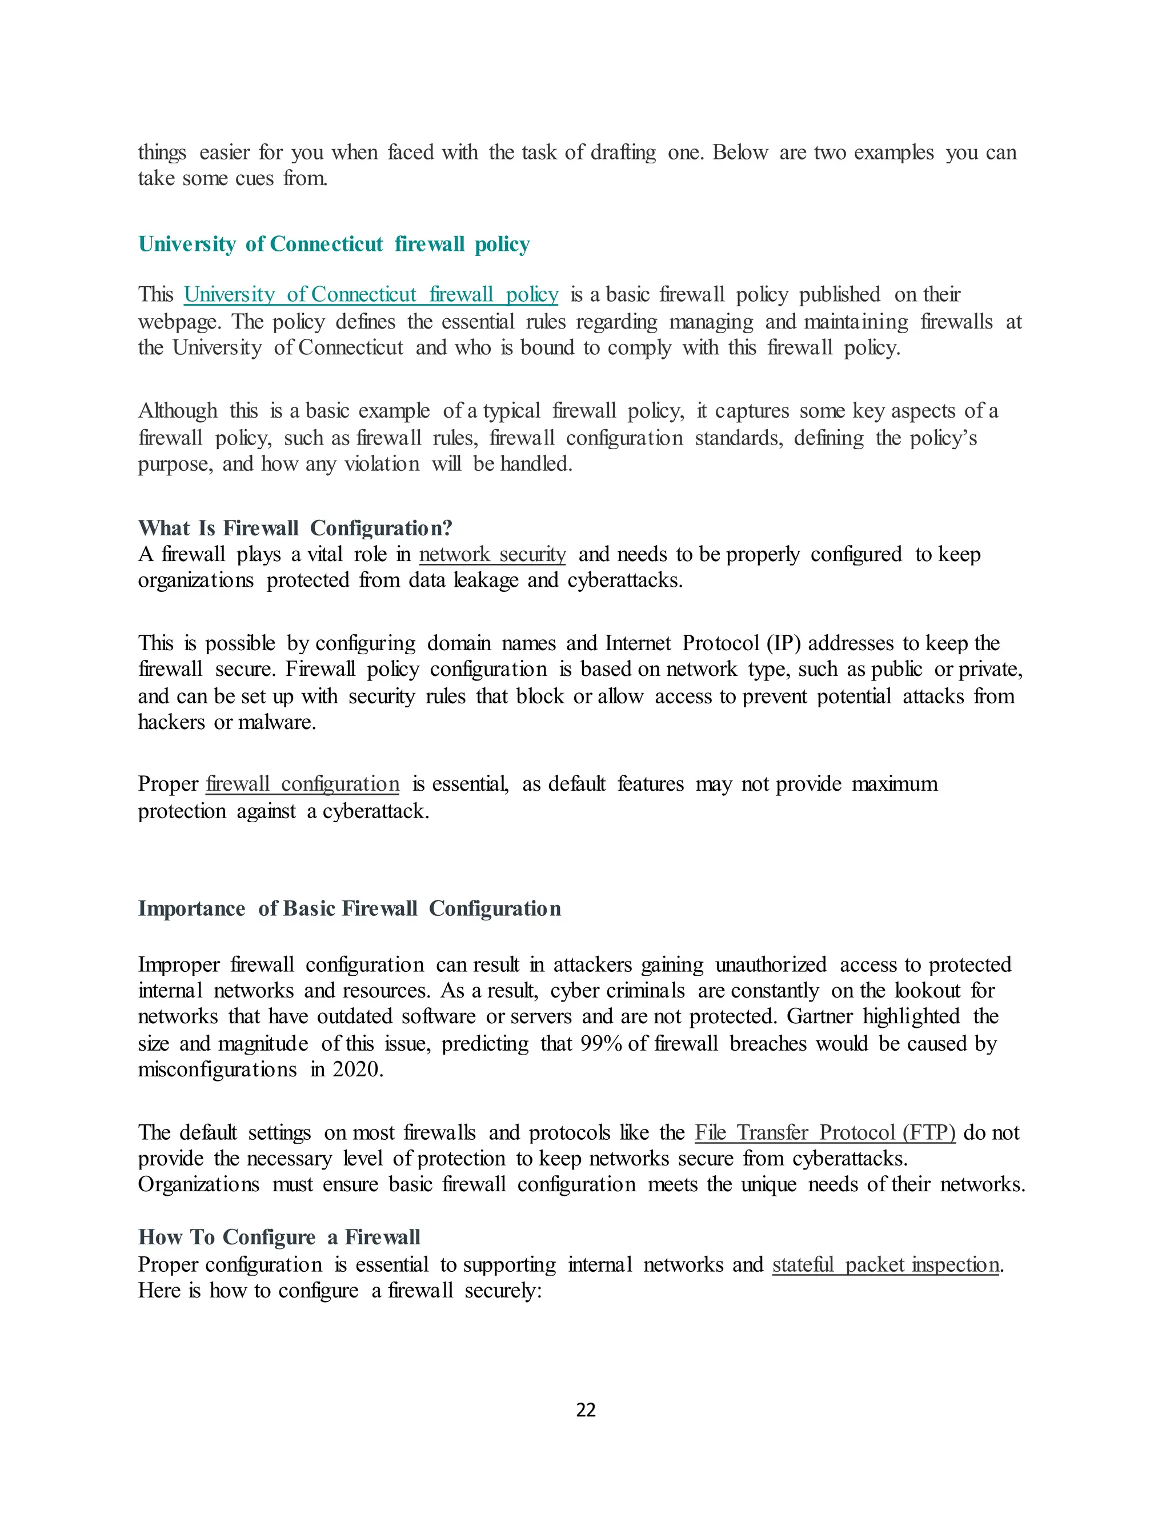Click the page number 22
coord(586,1410)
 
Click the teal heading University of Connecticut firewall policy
coord(334,244)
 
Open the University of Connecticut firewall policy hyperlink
coord(371,295)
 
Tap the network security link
coord(492,555)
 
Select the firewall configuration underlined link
coord(303,784)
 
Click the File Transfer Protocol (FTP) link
coord(825,1133)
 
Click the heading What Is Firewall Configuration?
coord(295,528)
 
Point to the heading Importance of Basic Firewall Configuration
coord(349,909)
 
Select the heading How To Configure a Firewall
coord(279,1237)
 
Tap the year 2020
coord(356,1070)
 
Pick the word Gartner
coord(820,1017)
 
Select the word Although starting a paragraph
coord(178,411)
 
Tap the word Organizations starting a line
coord(199,1185)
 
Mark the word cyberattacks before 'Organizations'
coord(850,1159)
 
